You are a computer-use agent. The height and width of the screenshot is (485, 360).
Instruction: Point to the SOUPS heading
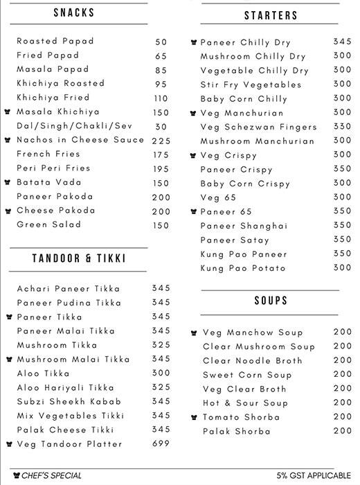pos(271,301)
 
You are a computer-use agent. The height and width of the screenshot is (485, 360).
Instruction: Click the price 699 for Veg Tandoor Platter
pos(161,444)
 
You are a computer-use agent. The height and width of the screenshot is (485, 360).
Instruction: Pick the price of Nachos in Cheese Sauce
pos(161,140)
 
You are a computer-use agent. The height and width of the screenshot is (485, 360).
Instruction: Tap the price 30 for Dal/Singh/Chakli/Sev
pos(161,126)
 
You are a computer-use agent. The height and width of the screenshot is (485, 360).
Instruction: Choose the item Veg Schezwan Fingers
pos(249,127)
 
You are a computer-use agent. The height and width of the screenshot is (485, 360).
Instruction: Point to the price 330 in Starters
pos(342,127)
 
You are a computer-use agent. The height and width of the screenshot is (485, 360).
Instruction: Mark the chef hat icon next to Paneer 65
pos(194,212)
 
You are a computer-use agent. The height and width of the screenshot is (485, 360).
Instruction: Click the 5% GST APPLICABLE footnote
pos(314,475)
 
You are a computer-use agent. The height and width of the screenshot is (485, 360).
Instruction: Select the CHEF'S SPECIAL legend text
pos(51,475)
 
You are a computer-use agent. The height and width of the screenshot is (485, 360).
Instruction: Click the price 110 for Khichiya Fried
pos(161,98)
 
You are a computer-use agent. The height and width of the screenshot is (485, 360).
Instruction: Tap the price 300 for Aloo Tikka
pos(161,373)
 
